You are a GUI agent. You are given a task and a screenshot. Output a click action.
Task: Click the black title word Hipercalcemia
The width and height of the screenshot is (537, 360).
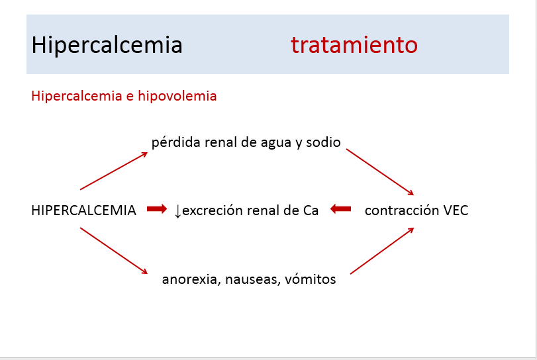(107, 46)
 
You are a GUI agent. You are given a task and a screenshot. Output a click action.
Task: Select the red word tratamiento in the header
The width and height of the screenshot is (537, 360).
(354, 45)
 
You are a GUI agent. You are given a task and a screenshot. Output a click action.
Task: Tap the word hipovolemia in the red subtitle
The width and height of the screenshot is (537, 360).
(177, 96)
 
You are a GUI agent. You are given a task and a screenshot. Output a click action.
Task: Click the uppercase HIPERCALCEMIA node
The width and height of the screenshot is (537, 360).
(83, 210)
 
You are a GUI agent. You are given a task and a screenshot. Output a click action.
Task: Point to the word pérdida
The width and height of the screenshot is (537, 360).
(176, 142)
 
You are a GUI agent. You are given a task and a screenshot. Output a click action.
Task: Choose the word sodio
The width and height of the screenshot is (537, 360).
(323, 142)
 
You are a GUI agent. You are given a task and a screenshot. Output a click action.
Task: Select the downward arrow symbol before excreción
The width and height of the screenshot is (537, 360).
(177, 211)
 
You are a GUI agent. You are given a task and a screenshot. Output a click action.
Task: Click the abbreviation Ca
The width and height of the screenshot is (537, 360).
(311, 210)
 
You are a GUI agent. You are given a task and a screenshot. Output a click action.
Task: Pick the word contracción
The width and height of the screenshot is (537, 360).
(402, 210)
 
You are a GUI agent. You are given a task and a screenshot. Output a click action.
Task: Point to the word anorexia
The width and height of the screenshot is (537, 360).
(191, 279)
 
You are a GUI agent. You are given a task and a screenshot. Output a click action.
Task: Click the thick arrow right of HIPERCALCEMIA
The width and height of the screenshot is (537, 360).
(157, 208)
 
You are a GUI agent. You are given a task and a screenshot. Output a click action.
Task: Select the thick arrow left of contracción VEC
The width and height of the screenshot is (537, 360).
(341, 208)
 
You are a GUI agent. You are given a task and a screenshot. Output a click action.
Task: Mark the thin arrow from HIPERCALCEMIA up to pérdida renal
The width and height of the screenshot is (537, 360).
(114, 171)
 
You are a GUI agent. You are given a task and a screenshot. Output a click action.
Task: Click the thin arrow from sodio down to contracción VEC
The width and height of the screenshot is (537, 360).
(380, 172)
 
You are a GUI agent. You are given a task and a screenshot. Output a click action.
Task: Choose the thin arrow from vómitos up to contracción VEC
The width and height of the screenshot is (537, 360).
(382, 251)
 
